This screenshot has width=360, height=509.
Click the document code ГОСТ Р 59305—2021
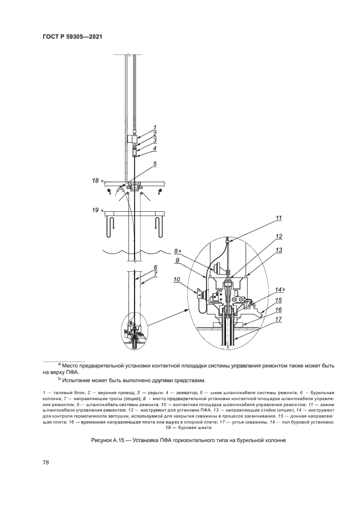point(72,37)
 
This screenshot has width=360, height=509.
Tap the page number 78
point(46,462)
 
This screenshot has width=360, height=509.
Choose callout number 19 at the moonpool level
point(95,209)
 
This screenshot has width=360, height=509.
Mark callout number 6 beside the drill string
point(155,267)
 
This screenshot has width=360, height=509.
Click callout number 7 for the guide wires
point(155,274)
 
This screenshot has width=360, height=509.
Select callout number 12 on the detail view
point(279,237)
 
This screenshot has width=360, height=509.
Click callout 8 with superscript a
point(177,252)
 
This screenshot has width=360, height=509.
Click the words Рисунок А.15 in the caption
point(111,439)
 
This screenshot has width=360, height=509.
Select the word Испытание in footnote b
point(80,380)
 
